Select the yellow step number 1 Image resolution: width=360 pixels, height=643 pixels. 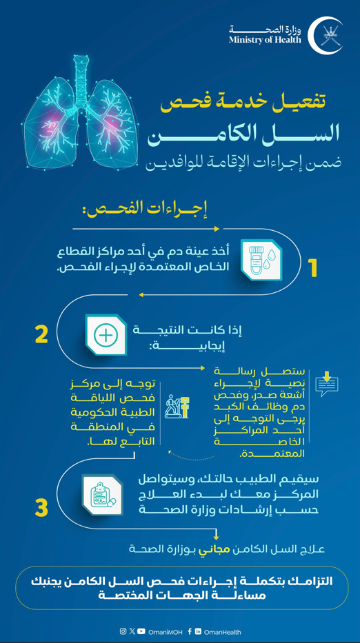tap(312, 268)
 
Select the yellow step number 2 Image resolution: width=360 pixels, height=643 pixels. tap(41, 334)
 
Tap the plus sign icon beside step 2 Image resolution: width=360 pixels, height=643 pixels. tap(106, 335)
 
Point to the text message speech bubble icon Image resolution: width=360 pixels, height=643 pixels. tap(326, 383)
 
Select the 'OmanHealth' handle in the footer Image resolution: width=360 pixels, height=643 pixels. tap(222, 631)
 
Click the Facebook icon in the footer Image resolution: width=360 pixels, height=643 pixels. tap(190, 631)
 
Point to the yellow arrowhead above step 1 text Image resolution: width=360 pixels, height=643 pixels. tap(217, 229)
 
